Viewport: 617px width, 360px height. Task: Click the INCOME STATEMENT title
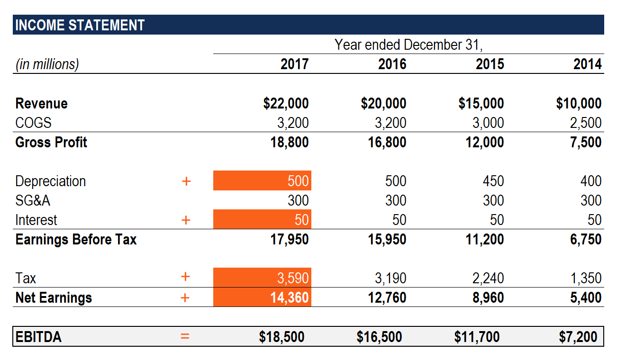pyautogui.click(x=80, y=25)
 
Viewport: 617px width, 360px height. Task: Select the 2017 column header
pyautogui.click(x=294, y=64)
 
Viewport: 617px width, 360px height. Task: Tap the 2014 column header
pyautogui.click(x=587, y=64)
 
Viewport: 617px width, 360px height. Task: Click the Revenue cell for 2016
pyautogui.click(x=383, y=103)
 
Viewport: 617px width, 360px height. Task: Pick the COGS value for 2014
pyautogui.click(x=585, y=123)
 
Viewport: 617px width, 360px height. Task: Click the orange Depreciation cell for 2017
pyautogui.click(x=262, y=181)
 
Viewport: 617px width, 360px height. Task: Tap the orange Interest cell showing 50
pyautogui.click(x=262, y=220)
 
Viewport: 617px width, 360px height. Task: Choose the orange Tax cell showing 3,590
pyautogui.click(x=262, y=278)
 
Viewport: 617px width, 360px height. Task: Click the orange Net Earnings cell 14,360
pyautogui.click(x=262, y=297)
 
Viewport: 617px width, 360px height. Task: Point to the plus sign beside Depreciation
pyautogui.click(x=186, y=181)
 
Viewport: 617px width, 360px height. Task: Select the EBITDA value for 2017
pyautogui.click(x=281, y=337)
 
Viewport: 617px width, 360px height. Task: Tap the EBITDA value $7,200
pyautogui.click(x=578, y=337)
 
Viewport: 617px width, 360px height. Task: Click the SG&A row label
pyautogui.click(x=33, y=200)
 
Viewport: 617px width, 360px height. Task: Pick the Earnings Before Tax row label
pyautogui.click(x=76, y=239)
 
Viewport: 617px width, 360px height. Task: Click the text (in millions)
pyautogui.click(x=47, y=64)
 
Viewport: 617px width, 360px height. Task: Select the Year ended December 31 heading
pyautogui.click(x=408, y=45)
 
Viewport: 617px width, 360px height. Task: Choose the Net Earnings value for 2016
pyautogui.click(x=387, y=297)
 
